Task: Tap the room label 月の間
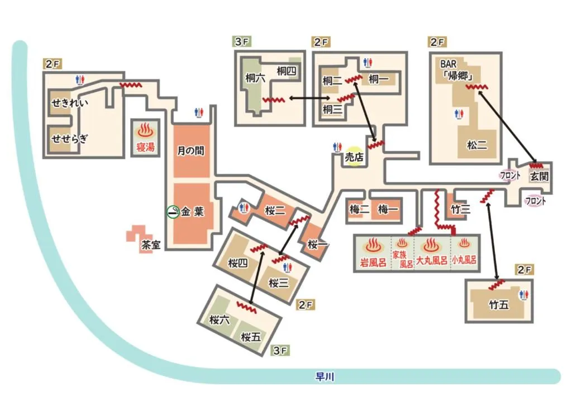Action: point(191,151)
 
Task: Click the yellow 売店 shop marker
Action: point(353,158)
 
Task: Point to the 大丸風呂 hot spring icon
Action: point(430,245)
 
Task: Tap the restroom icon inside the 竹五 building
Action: point(523,295)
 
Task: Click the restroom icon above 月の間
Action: point(198,112)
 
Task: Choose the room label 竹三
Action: point(460,209)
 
